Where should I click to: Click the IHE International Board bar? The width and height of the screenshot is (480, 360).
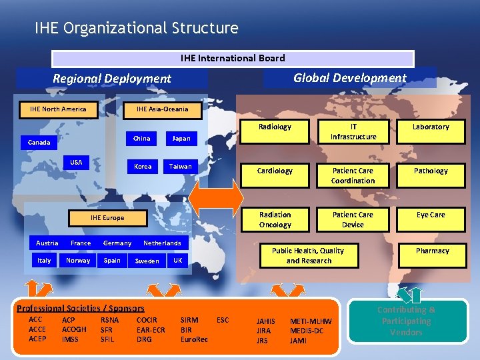point(233,59)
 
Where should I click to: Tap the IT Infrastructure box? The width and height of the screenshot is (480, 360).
point(353,131)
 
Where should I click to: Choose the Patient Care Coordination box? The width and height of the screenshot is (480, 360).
point(353,175)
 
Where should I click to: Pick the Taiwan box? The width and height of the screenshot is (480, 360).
point(180,166)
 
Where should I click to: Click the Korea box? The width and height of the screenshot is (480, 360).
point(142,166)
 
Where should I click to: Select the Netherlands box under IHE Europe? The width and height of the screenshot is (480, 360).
point(162,243)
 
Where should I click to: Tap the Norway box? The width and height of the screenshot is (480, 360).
point(78,261)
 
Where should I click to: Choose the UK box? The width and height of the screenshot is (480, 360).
point(177,261)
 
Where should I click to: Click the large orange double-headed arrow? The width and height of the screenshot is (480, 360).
point(217,198)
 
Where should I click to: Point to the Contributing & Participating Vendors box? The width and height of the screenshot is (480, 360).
point(406,321)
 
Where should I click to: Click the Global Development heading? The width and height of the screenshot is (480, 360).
point(349,77)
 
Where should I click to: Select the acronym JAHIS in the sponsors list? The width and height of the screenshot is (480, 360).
point(266,321)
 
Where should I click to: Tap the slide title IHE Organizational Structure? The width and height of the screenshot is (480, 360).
point(137,28)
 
